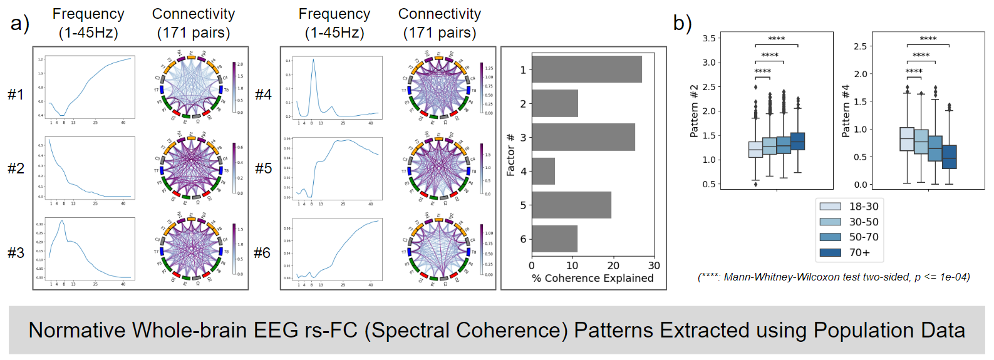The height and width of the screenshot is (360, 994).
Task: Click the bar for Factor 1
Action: pos(586,69)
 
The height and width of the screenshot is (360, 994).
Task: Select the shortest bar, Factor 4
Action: pos(543,171)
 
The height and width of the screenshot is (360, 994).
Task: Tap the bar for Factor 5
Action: pos(571,205)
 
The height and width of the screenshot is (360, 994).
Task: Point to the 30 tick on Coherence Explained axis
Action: pos(654,265)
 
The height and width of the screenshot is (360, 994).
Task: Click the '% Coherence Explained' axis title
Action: pos(593,278)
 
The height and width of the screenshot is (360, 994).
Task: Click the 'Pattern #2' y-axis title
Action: pos(694,111)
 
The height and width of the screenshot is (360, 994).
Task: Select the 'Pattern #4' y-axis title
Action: pos(846,111)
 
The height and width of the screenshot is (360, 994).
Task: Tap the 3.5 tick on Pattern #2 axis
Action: pos(708,38)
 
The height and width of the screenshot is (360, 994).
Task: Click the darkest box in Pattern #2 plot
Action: pos(798,141)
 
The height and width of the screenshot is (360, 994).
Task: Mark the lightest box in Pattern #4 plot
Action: pos(907,139)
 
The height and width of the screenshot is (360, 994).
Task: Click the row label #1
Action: pos(16,95)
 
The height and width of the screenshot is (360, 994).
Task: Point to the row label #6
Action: pos(262,253)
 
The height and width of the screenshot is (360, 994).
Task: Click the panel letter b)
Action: pos(682,23)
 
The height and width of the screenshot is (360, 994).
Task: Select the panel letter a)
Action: pos(20,23)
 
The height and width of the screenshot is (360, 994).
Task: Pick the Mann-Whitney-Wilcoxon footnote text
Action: pos(834,277)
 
